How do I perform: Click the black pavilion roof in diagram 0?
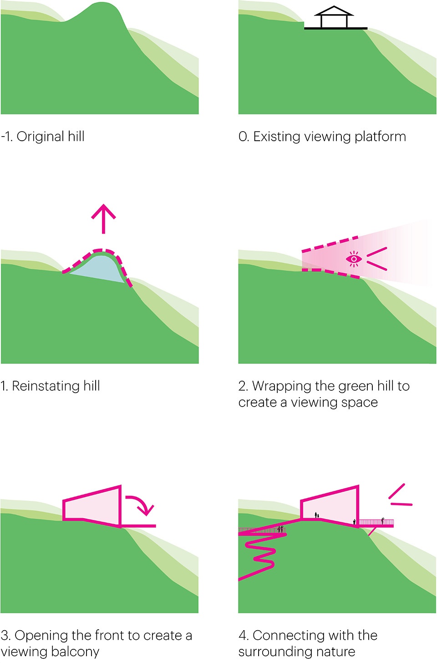click(334, 11)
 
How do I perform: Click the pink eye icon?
click(354, 259)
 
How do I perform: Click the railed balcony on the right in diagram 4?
click(376, 523)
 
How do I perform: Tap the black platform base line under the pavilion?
click(335, 28)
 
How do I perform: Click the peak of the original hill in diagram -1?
click(106, 5)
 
